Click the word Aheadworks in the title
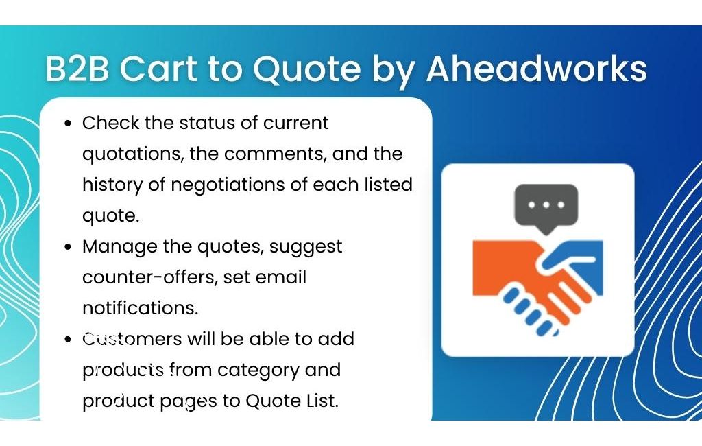click(536, 68)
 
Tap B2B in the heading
click(77, 69)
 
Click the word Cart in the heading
click(158, 69)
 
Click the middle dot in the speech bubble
click(546, 205)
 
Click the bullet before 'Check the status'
click(68, 124)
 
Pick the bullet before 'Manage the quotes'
click(68, 247)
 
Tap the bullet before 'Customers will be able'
click(68, 340)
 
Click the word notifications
click(140, 308)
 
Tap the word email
click(280, 277)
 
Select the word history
click(112, 185)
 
